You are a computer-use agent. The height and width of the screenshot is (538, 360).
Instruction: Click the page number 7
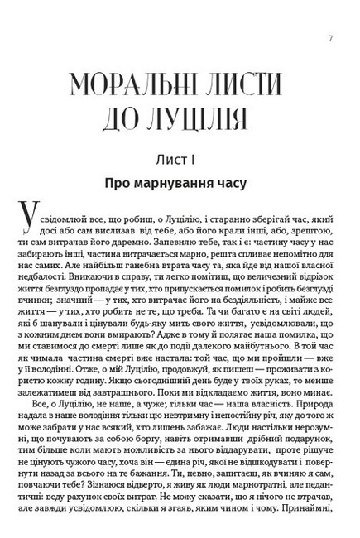click(330, 36)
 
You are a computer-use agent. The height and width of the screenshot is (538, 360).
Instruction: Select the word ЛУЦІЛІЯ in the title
click(213, 122)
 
